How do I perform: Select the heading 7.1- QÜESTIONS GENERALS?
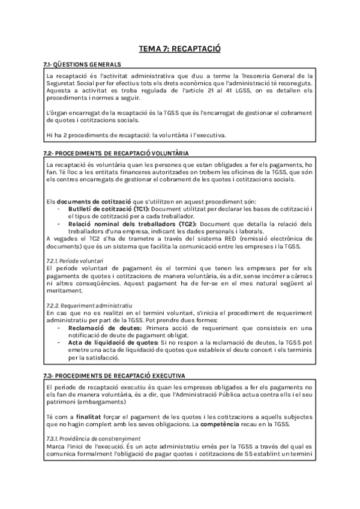(82, 64)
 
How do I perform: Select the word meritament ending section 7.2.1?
(64, 291)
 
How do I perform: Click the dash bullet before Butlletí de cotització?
(59, 208)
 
